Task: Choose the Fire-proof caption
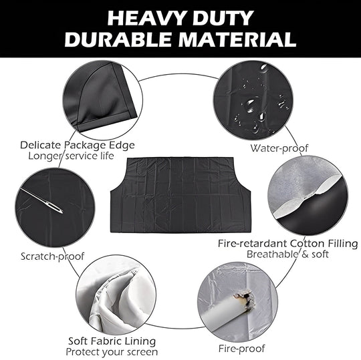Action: coord(242,348)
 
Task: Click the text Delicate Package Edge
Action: coord(78,144)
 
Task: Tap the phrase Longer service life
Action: coord(71,156)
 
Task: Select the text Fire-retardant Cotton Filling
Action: coord(287,243)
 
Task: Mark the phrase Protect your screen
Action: coord(112,351)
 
